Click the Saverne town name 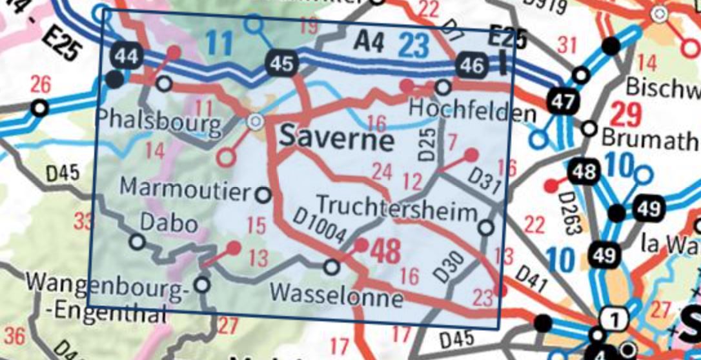336,139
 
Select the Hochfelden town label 472,113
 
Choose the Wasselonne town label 337,295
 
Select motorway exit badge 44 127,56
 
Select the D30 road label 446,267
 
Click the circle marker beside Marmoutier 263,194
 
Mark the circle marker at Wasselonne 331,266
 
